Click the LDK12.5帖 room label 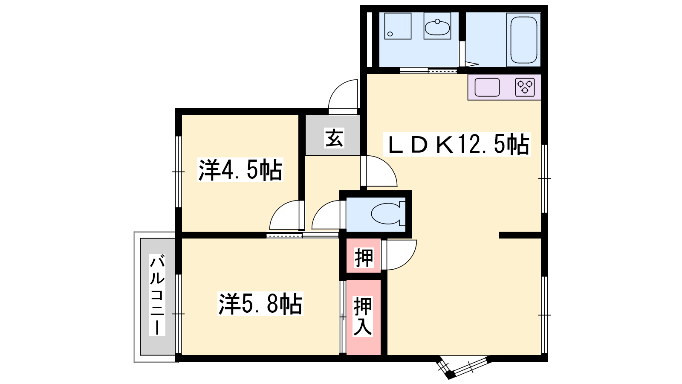tap(457, 144)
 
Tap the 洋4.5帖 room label tap(240, 170)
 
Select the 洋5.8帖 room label tap(260, 303)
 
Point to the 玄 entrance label tap(334, 138)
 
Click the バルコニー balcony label tap(157, 295)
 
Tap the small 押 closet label tap(364, 258)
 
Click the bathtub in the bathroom tap(524, 40)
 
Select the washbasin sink tap(437, 27)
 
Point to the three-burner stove tap(525, 87)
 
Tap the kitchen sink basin tap(487, 87)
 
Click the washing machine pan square tap(398, 26)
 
